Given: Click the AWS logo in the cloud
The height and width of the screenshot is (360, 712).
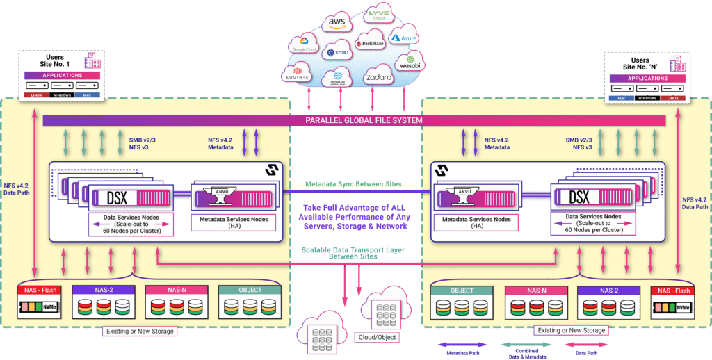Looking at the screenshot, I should tap(337, 24).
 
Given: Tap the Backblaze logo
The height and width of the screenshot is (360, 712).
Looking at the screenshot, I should tap(369, 43).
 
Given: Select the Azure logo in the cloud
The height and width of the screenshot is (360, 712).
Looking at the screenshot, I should tap(403, 38).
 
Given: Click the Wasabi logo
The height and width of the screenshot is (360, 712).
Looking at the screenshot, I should tap(410, 63).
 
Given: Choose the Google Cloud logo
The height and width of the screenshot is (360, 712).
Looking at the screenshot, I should tap(304, 45).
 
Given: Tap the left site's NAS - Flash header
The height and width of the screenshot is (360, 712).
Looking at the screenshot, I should tap(40, 291).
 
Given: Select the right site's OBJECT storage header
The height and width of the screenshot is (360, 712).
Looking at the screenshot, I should tap(462, 291).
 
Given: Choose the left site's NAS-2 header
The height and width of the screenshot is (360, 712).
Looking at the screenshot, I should tap(108, 291).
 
